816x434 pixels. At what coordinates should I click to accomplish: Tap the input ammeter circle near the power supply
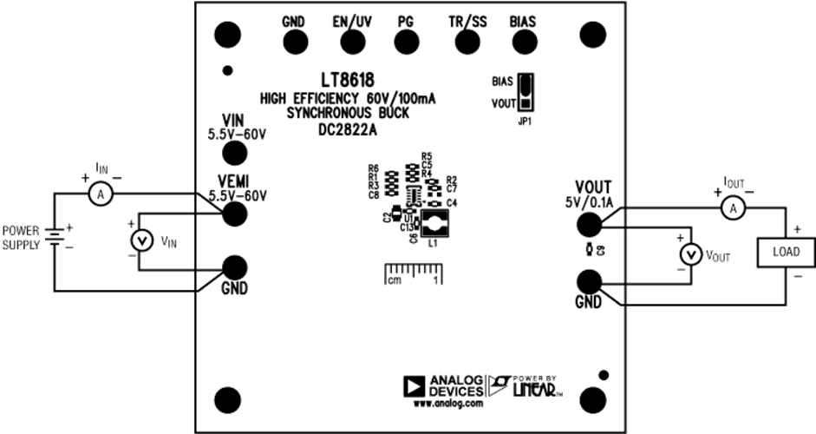(x=101, y=195)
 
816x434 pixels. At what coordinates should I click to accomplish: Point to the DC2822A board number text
(x=348, y=131)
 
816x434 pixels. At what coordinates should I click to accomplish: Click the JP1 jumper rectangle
(x=526, y=93)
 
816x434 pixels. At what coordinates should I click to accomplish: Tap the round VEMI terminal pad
(x=236, y=214)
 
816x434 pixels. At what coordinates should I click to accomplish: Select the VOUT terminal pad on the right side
(x=590, y=223)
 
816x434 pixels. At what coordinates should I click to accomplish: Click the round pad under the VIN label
(x=235, y=154)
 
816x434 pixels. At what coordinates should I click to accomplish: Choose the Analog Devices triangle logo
(x=413, y=385)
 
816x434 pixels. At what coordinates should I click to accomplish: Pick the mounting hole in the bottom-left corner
(x=227, y=399)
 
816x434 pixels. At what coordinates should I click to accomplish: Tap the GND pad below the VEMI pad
(x=235, y=266)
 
